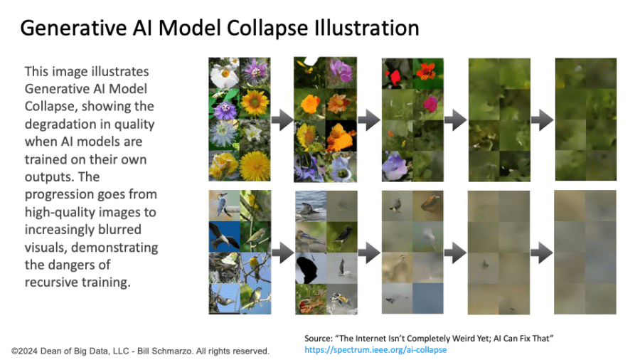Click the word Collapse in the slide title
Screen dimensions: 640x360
267,28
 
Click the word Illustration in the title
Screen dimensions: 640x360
366,28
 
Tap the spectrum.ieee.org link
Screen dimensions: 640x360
375,350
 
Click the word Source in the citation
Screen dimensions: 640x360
319,339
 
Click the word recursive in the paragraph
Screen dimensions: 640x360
51,282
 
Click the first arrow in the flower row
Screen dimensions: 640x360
282,120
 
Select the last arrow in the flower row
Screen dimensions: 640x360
542,120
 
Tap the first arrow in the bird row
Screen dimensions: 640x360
282,253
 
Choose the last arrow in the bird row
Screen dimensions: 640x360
542,253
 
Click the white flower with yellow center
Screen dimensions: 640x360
224,75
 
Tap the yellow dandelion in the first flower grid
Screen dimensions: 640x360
255,166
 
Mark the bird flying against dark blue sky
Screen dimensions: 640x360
224,237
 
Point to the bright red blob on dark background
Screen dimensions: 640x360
395,78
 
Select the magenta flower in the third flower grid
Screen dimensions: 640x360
430,104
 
